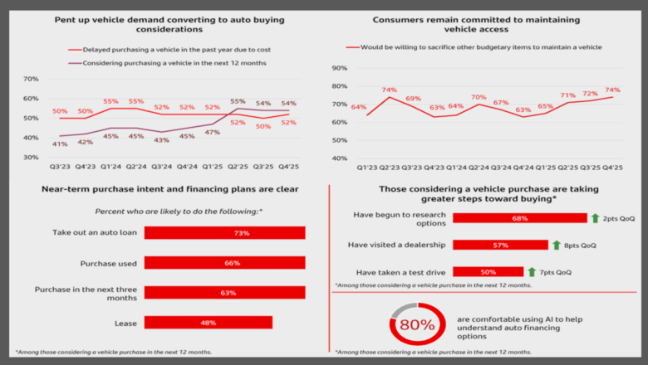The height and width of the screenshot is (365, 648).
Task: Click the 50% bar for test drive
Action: click(x=488, y=271)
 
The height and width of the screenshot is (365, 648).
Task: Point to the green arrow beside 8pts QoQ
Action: click(x=557, y=245)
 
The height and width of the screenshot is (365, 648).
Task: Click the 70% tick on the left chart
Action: click(x=31, y=79)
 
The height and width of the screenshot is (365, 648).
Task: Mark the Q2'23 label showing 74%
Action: click(x=389, y=90)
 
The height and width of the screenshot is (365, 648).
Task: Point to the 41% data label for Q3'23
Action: click(x=59, y=144)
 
